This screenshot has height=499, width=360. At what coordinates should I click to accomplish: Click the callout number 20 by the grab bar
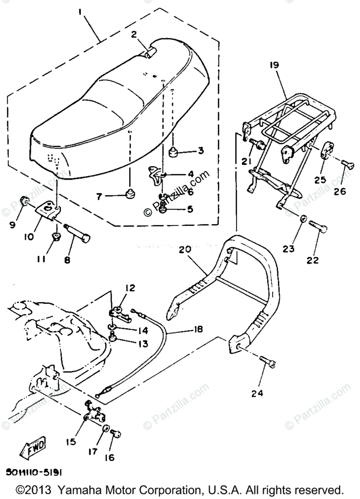click(185, 249)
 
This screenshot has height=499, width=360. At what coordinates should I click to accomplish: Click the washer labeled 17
click(106, 429)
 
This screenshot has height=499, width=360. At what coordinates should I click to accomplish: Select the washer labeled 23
click(304, 218)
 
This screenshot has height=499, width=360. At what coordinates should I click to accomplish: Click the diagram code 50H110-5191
click(34, 472)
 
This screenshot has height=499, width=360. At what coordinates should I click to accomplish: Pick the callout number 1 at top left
click(81, 12)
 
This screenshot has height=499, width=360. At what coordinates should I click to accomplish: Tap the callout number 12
click(131, 288)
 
